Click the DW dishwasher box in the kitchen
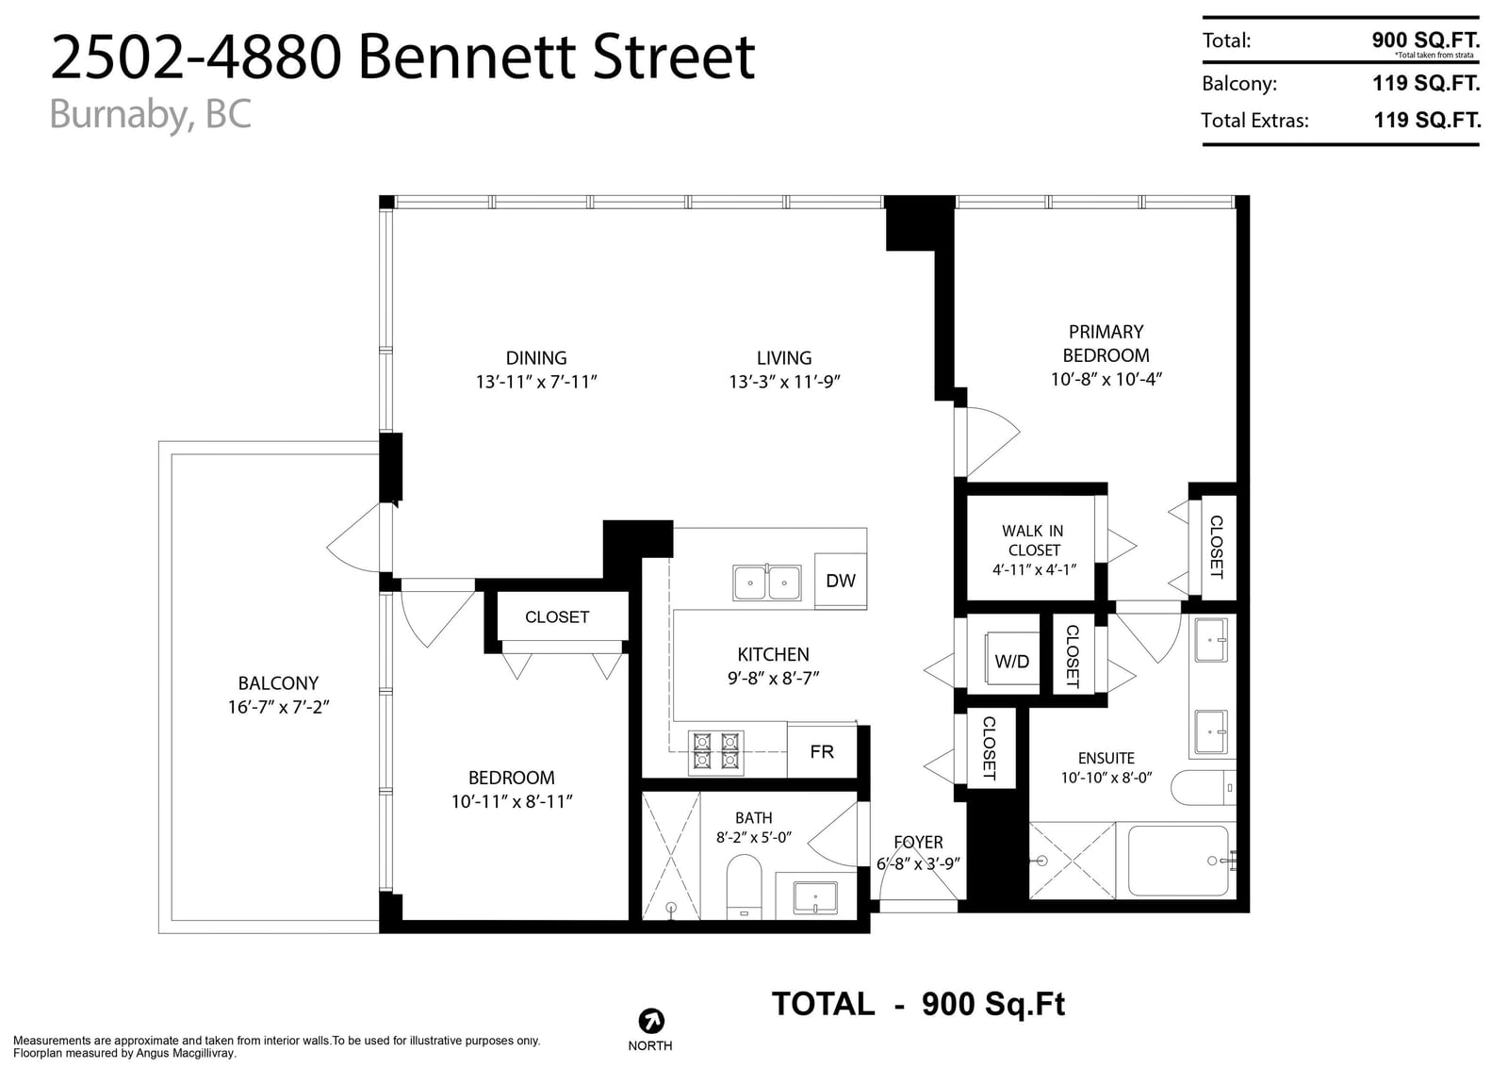(841, 581)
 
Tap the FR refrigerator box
(822, 751)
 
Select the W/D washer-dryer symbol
(1012, 661)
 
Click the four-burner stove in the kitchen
(715, 752)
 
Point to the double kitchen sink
(767, 583)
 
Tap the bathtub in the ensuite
(1177, 861)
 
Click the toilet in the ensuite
(1204, 788)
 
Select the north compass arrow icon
(651, 1021)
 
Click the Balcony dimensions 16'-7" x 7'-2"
(278, 707)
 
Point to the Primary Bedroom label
(1106, 343)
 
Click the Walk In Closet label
(1033, 540)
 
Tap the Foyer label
(918, 842)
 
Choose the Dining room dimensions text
(536, 382)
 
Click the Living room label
(783, 357)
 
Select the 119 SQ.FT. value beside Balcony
(1426, 84)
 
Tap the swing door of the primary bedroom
(987, 442)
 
